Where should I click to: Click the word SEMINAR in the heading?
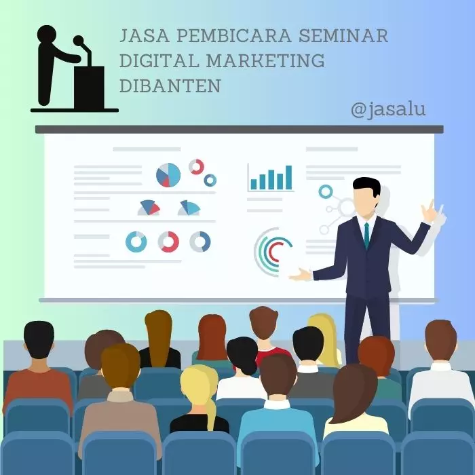(x=346, y=35)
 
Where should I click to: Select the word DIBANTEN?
(x=170, y=85)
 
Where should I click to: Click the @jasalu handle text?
(x=388, y=109)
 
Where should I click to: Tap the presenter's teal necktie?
(x=366, y=235)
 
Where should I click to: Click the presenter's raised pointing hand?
(x=430, y=211)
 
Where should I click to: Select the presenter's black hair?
(x=366, y=186)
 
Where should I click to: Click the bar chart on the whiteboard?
(x=271, y=178)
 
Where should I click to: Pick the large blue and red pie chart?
(x=168, y=175)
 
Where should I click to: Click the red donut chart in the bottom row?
(x=168, y=242)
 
